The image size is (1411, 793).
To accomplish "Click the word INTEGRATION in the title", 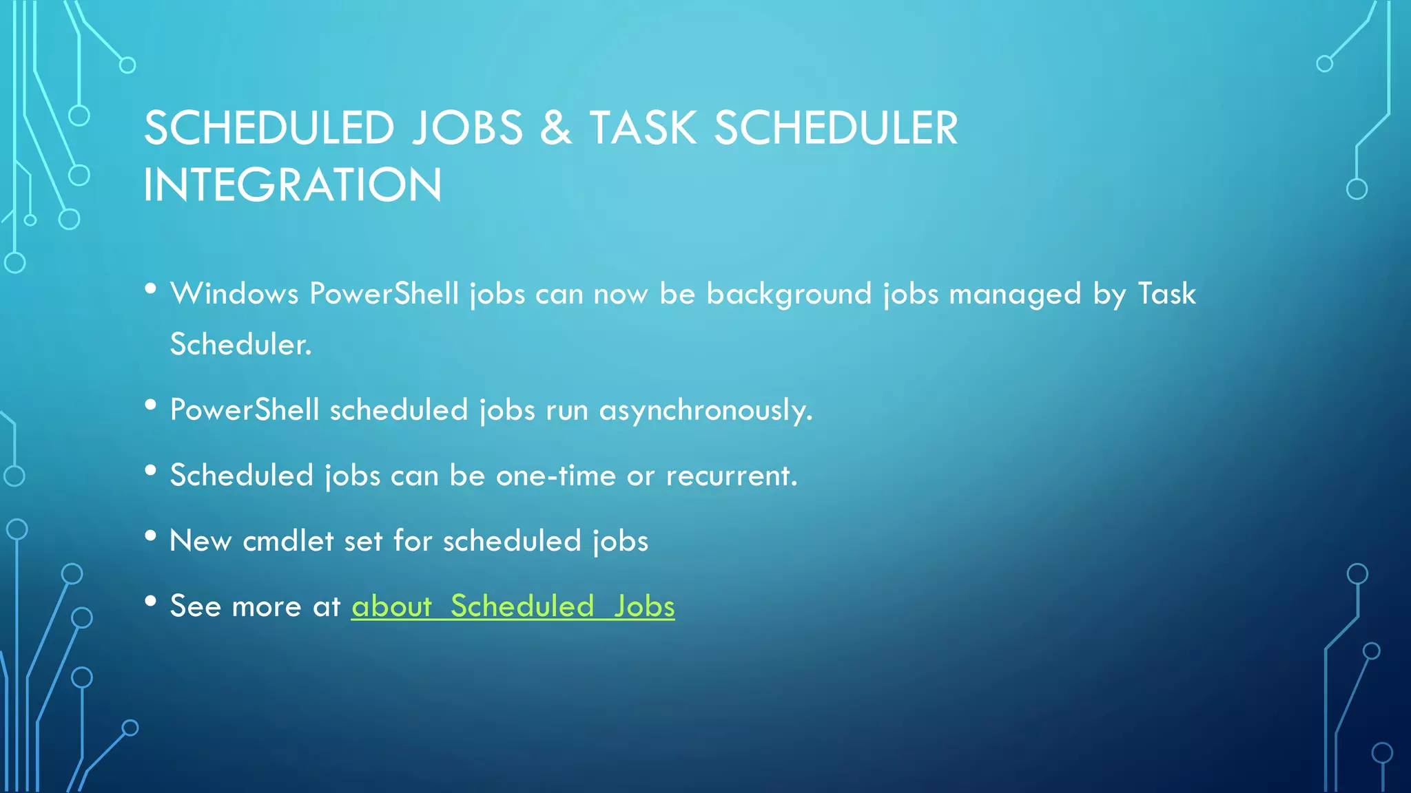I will [x=292, y=185].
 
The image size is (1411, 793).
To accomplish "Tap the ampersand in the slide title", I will [x=555, y=129].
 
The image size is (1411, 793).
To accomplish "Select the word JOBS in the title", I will [x=468, y=129].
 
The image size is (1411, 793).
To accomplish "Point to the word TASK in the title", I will [x=642, y=129].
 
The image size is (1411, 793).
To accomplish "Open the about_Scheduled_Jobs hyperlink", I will [x=513, y=606].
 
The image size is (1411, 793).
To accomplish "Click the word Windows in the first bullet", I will [x=234, y=294].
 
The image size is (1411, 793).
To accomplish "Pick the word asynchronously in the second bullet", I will [x=705, y=411].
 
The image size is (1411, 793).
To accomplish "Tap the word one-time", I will [x=555, y=476].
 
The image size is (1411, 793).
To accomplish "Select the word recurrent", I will [x=732, y=476].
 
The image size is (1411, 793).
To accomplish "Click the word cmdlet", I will [x=289, y=541].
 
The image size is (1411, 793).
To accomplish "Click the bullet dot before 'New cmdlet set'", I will [x=151, y=536].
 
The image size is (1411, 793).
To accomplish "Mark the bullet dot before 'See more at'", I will [x=151, y=602].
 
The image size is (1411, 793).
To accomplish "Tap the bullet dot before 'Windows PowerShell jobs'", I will [x=151, y=289].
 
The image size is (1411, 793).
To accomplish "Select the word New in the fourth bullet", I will [x=200, y=541].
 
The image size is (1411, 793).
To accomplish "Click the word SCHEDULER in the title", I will [x=836, y=129].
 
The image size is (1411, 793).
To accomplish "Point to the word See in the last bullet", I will [x=196, y=606].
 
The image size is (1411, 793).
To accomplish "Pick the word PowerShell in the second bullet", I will [x=245, y=410].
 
